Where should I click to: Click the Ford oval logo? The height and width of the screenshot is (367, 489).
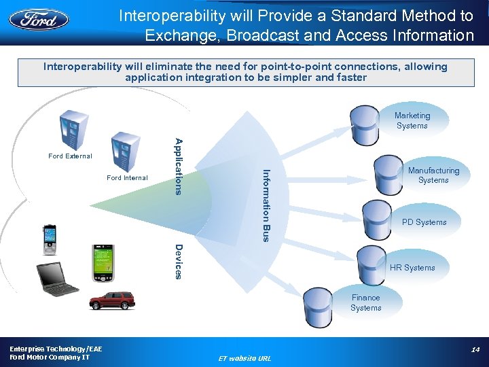(x=39, y=18)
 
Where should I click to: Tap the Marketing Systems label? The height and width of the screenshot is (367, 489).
(x=412, y=121)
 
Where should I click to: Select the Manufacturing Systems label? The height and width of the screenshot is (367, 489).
(x=433, y=175)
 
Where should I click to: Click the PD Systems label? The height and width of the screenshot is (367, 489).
(x=424, y=222)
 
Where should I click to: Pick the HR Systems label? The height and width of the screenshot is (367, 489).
(x=412, y=268)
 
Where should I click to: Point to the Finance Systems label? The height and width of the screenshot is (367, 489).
(x=366, y=302)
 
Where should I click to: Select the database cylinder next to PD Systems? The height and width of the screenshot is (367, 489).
(x=377, y=217)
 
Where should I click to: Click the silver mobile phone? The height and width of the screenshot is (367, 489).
(x=50, y=239)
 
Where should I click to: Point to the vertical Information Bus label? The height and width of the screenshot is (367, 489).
(x=266, y=205)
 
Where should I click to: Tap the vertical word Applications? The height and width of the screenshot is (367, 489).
(x=179, y=166)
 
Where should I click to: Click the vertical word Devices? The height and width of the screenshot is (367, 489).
(x=178, y=261)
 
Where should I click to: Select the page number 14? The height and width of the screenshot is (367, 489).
(x=475, y=349)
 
